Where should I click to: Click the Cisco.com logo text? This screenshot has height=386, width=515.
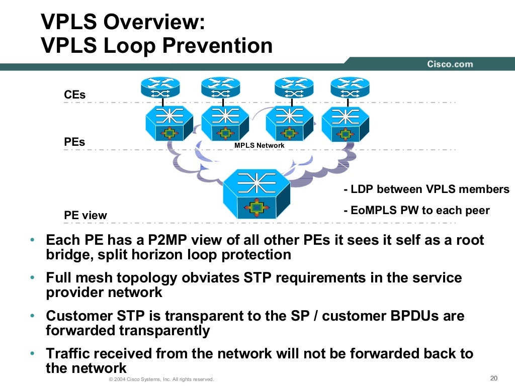pos(450,64)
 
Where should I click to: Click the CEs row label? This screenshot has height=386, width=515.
pos(75,94)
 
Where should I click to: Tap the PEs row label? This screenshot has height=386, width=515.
pos(75,142)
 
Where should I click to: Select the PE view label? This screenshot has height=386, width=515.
pos(85,216)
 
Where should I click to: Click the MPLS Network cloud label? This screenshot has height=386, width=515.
pos(259,145)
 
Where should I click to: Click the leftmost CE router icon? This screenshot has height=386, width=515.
pos(160,88)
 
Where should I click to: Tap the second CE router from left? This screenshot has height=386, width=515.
pos(220,88)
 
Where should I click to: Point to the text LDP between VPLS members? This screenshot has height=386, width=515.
pos(426,189)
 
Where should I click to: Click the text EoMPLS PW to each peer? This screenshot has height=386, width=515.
pos(416,210)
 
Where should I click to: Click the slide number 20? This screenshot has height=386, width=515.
pos(493,378)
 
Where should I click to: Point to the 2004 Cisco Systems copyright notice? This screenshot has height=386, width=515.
pos(161,379)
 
